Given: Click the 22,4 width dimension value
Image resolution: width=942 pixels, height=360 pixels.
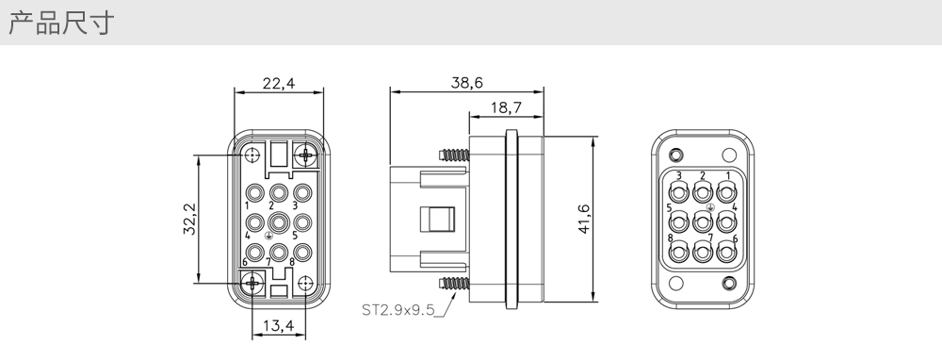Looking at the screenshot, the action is point(279,83).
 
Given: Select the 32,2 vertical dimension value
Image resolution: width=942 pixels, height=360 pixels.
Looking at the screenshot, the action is point(190,219).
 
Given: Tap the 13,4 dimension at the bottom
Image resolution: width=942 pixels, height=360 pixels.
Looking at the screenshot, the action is point(278,326).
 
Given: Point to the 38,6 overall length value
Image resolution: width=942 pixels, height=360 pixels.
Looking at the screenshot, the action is point(467,83).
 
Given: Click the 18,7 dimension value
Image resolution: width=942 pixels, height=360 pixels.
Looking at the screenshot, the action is point(506,107).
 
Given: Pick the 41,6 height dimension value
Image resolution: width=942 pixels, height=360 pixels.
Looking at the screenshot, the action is point(583,219).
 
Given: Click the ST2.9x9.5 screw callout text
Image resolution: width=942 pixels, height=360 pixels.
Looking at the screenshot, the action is point(398,310).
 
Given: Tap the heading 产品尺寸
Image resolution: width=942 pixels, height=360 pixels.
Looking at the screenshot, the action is point(60,23).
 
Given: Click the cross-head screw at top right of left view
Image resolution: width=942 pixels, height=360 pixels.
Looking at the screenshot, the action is point(306,156).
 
